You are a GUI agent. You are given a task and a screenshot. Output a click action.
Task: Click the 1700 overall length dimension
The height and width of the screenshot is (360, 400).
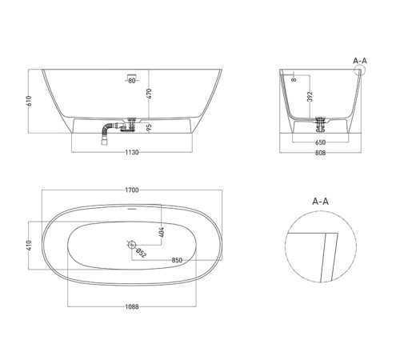click(x=132, y=190)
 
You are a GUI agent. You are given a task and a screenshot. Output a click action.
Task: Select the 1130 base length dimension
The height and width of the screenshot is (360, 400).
click(x=132, y=152)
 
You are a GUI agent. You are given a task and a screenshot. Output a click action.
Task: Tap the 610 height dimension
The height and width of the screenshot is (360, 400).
click(x=29, y=101)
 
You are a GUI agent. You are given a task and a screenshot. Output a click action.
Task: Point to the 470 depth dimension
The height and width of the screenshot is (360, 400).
click(x=149, y=94)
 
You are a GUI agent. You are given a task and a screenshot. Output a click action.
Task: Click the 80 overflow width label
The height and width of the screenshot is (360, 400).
click(x=132, y=81)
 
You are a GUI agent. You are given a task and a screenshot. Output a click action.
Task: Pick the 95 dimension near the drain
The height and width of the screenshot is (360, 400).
click(x=149, y=127)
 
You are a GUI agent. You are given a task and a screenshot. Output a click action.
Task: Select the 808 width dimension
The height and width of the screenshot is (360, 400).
click(x=320, y=153)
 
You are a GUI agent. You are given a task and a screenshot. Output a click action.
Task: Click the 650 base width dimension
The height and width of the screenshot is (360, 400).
click(x=320, y=142)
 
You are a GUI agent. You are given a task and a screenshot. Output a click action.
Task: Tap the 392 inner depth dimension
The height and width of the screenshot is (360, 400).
click(x=310, y=97)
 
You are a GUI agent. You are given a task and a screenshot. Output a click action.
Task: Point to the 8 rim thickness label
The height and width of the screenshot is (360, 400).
click(x=294, y=79)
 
